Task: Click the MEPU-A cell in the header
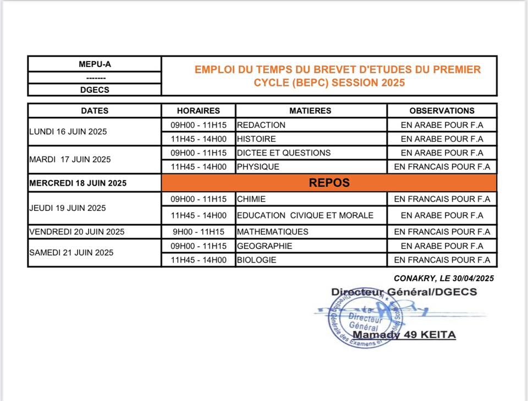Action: point(95,64)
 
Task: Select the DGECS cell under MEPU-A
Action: point(95,90)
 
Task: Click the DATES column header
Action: point(95,110)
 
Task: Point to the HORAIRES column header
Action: point(199,110)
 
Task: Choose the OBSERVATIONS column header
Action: point(442,110)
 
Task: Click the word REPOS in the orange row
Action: point(329,183)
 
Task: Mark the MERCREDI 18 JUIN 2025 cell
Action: point(78,183)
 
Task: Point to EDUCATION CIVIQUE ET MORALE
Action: point(305,215)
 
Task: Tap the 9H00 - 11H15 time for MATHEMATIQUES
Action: point(199,232)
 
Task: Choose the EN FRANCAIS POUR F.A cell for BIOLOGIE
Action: point(442,260)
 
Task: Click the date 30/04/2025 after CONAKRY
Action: point(473,279)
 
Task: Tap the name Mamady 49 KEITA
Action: point(404,335)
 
